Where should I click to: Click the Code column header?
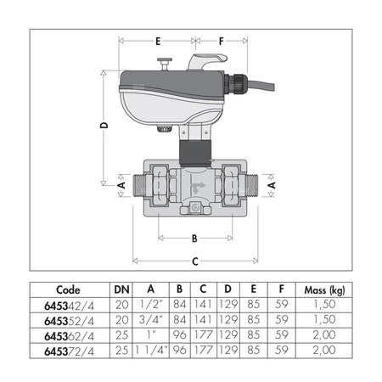tap(62, 288)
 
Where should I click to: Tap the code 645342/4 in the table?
tap(62, 304)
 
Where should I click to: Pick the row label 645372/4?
tap(62, 351)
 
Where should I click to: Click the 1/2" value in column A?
tap(149, 304)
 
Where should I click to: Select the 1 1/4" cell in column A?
tap(149, 351)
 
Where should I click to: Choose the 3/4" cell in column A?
tap(149, 319)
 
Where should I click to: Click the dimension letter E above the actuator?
tap(157, 40)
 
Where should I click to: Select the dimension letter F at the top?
tap(222, 40)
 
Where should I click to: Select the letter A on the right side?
tap(271, 183)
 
